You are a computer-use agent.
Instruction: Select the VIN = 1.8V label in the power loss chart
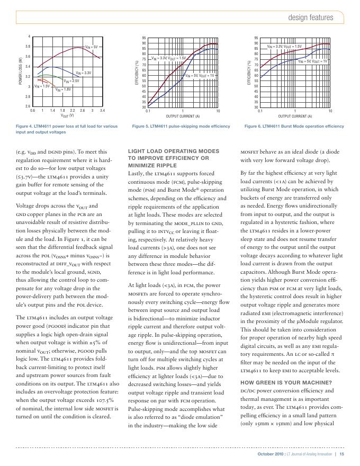pyautogui.click(x=64, y=89)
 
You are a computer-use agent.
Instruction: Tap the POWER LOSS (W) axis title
pyautogui.click(x=21, y=73)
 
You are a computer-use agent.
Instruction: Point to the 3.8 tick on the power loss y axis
pyautogui.click(x=28, y=46)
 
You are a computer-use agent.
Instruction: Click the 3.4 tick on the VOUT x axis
pyautogui.click(x=103, y=111)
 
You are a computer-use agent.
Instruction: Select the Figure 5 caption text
pyautogui.click(x=181, y=127)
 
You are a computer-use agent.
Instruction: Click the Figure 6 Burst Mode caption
pyautogui.click(x=294, y=127)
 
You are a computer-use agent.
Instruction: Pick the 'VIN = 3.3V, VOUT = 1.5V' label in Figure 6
pyautogui.click(x=284, y=47)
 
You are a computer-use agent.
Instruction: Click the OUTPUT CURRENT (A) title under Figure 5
pyautogui.click(x=183, y=116)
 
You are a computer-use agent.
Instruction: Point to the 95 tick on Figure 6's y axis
pyautogui.click(x=256, y=38)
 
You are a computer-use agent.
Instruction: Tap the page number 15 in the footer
pyautogui.click(x=342, y=454)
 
